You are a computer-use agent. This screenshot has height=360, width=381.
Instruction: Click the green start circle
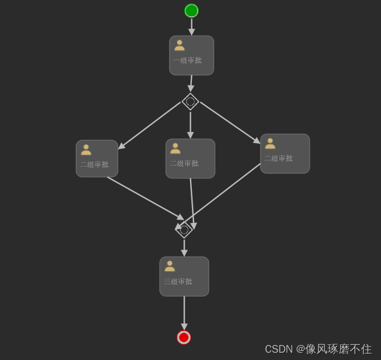pos(191,11)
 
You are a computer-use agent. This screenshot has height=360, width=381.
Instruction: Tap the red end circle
pos(184,337)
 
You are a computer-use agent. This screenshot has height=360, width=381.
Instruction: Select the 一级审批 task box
pos(191,55)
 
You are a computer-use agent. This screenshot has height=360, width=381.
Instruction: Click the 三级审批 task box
pos(184,276)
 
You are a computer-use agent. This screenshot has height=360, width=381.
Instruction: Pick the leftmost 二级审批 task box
pos(97,159)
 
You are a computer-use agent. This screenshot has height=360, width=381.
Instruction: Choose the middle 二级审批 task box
pos(190,159)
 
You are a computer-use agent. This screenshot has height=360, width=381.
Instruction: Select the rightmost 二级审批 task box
pos(285,154)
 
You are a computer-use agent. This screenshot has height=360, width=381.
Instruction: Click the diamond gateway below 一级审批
pos(190,101)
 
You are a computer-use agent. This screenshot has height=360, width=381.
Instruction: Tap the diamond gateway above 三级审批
pos(184,229)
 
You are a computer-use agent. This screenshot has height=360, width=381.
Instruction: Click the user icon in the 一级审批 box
pos(179,45)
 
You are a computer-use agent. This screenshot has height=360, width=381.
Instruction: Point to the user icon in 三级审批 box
pos(170,266)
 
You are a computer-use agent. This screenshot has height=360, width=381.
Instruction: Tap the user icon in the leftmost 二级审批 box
pos(86,149)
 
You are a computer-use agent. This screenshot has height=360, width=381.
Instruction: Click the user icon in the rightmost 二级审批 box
pos(270,143)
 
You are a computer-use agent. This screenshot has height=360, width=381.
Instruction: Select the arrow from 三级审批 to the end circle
pos(184,312)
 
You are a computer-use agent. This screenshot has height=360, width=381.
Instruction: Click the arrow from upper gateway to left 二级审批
pos(149,125)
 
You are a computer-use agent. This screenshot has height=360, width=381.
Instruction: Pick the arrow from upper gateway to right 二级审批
pos(230,122)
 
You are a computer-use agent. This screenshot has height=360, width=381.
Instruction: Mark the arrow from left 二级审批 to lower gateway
pos(145,198)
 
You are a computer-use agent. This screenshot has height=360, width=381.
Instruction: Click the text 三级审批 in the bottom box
pos(178,281)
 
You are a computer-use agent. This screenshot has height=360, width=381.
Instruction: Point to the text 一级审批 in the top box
pos(187,60)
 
